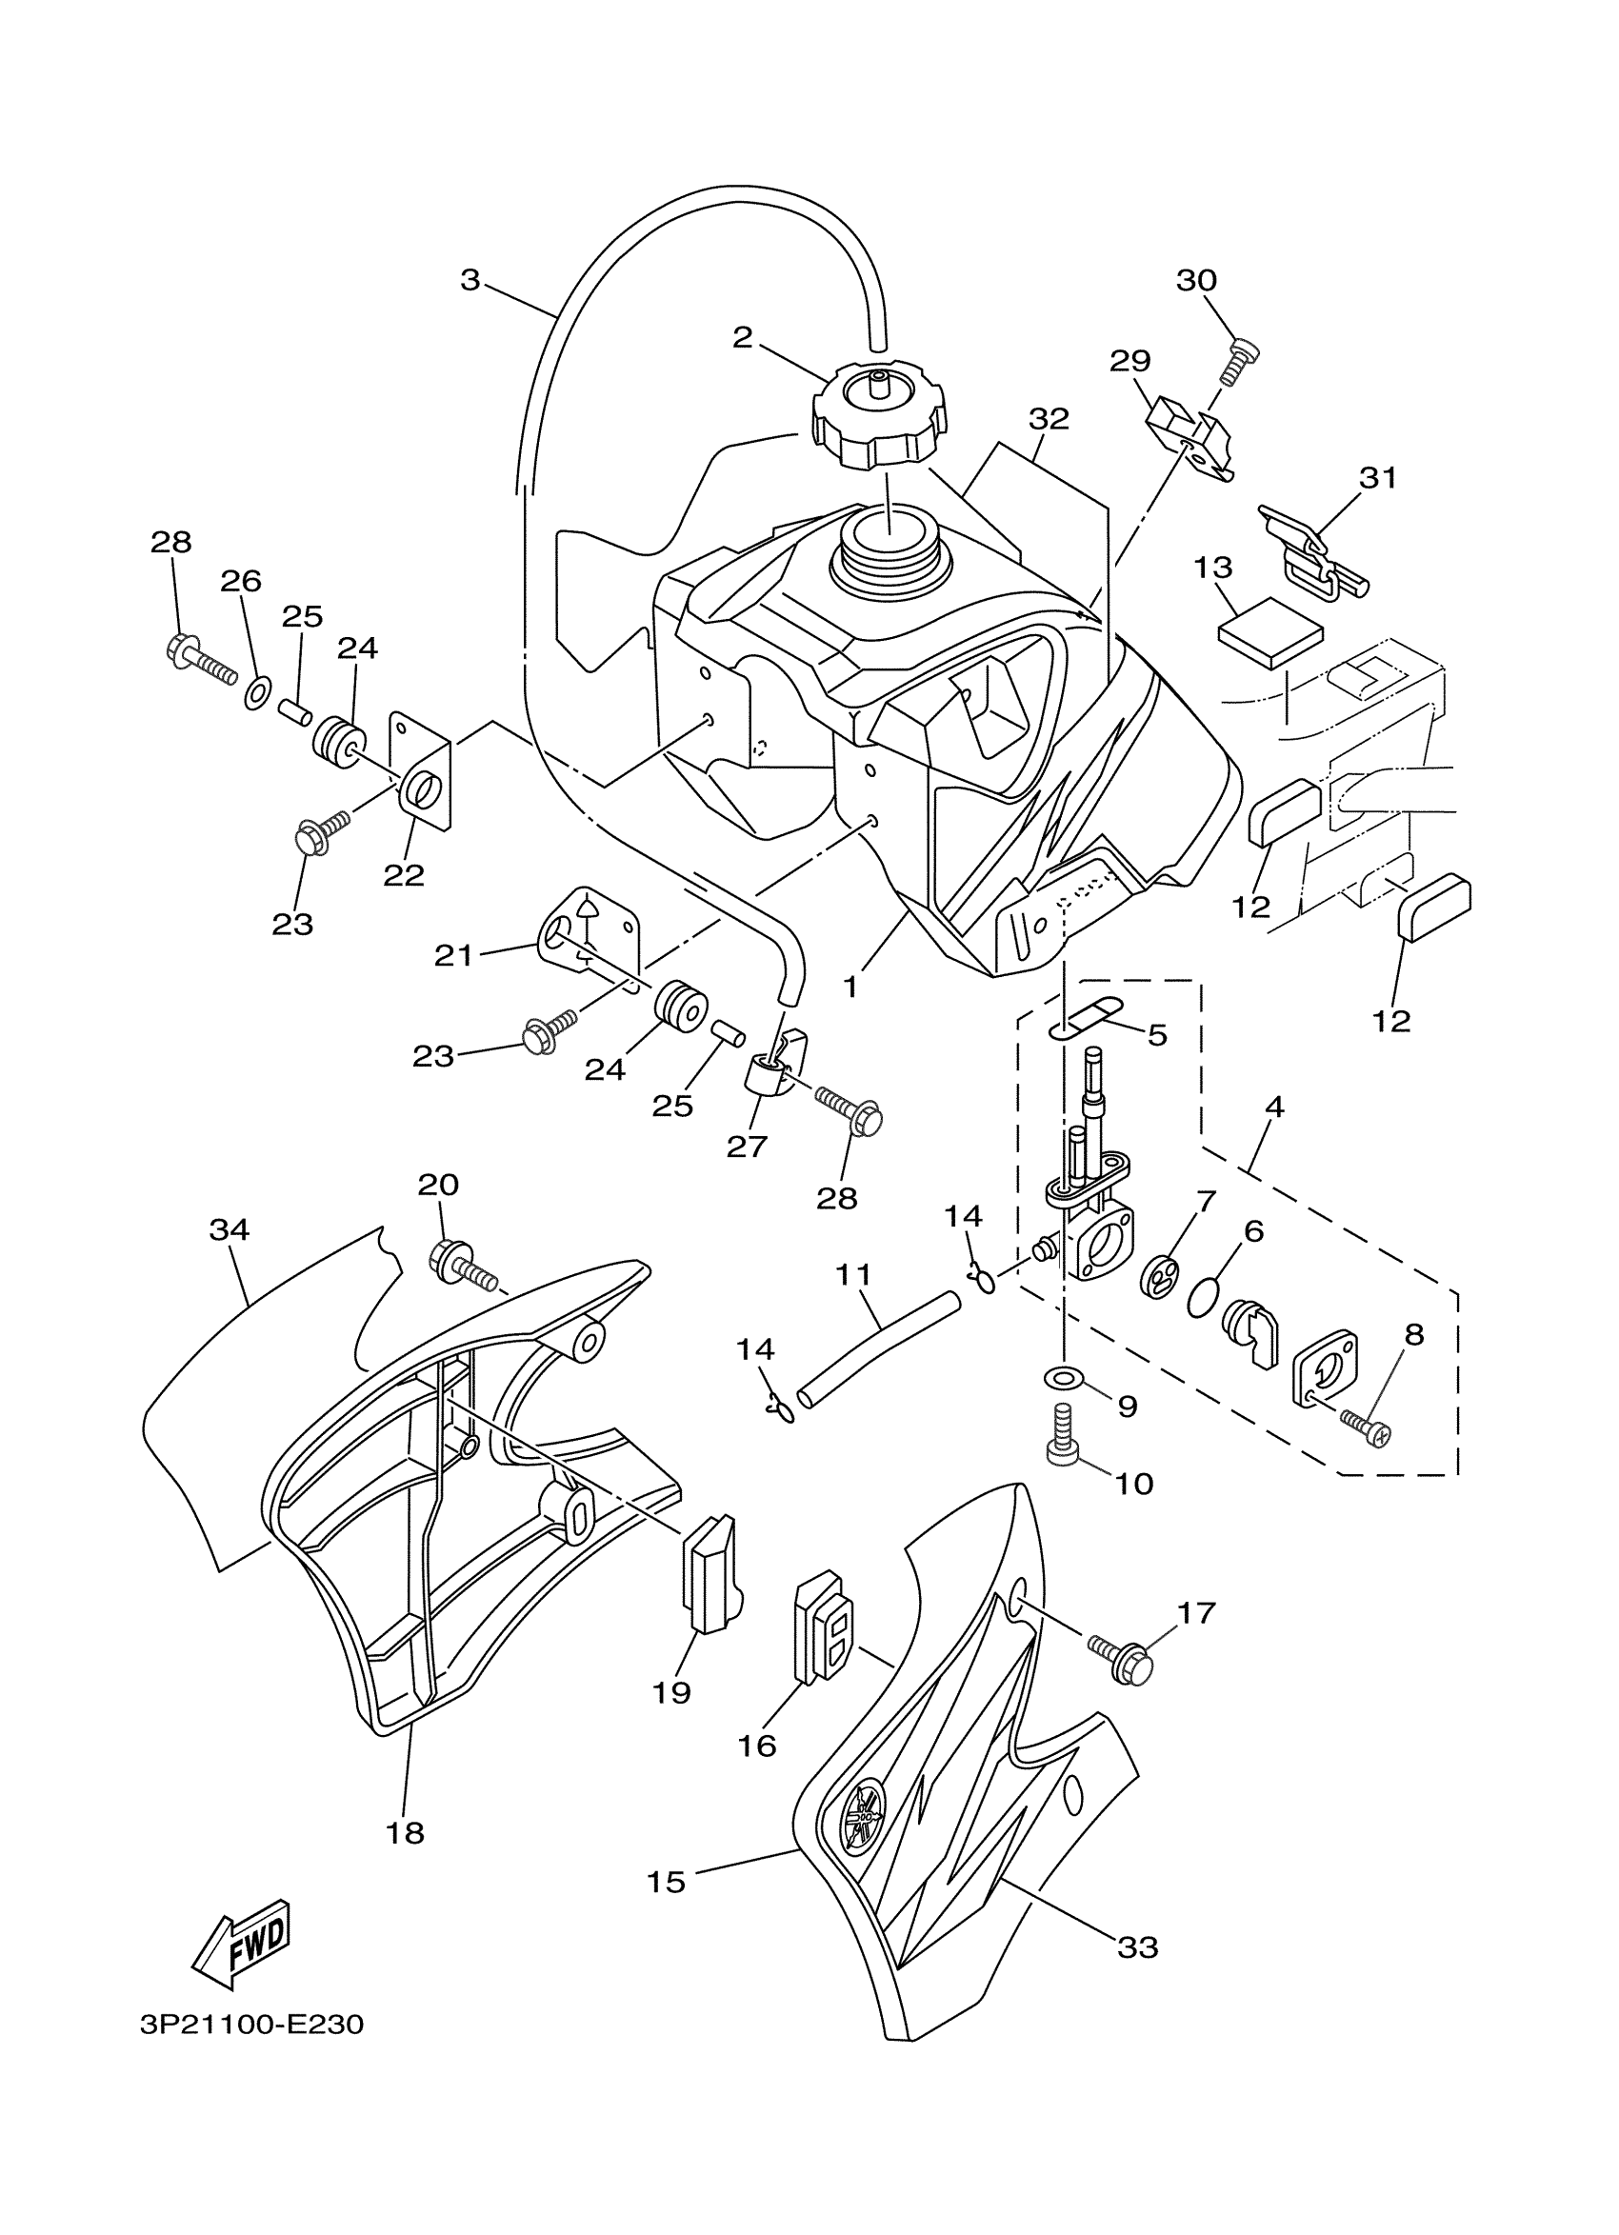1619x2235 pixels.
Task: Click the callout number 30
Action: [x=1196, y=281]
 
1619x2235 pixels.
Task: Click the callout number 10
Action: [x=1134, y=1483]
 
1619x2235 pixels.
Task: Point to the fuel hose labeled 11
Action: [x=878, y=1346]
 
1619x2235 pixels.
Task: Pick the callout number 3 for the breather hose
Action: [x=470, y=281]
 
